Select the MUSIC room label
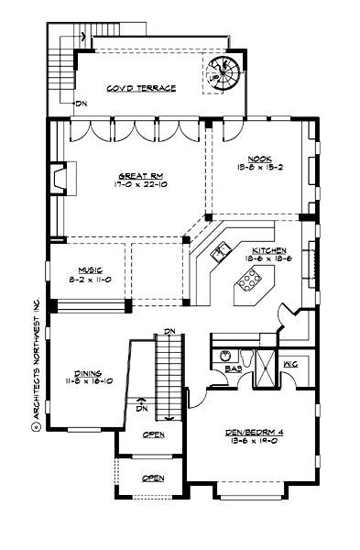coord(89,269)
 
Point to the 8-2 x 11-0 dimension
coord(89,279)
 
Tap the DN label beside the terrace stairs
coord(82,104)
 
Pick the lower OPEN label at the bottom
coord(153,478)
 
